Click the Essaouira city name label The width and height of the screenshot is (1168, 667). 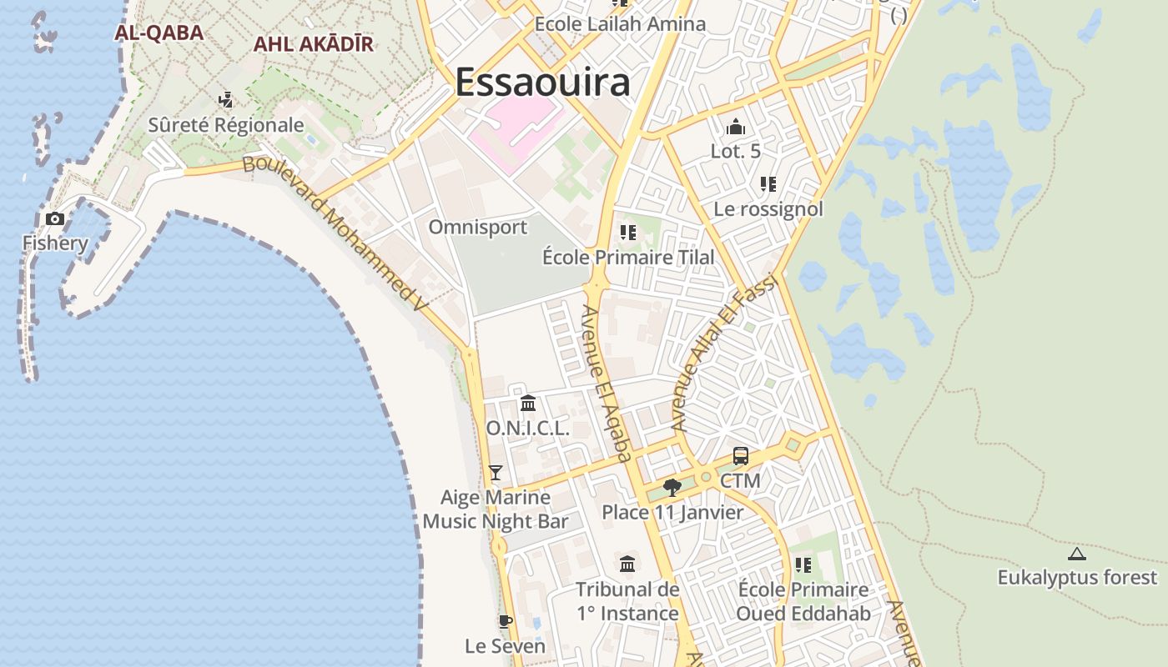(x=542, y=83)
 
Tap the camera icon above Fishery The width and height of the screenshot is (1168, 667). (x=55, y=219)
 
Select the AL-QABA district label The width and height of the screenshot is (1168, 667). (x=159, y=33)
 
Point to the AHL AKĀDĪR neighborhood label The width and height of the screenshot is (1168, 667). (x=313, y=44)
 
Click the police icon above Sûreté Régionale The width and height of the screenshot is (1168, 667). (x=225, y=101)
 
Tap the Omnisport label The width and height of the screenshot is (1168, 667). (x=478, y=227)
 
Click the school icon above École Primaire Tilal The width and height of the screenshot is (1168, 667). (x=627, y=233)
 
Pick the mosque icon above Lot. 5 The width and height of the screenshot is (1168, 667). (x=735, y=127)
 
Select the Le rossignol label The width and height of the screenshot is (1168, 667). (x=768, y=208)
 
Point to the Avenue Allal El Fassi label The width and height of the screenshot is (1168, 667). (x=725, y=350)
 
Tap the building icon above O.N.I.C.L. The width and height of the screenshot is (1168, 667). (x=528, y=404)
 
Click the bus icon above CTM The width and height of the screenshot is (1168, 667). (x=740, y=456)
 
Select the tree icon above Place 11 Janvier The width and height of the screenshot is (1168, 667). (x=672, y=488)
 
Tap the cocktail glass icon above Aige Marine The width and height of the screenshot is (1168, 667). (x=496, y=473)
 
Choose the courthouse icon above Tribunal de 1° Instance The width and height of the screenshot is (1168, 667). (x=627, y=564)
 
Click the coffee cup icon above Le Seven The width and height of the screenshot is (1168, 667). (x=505, y=621)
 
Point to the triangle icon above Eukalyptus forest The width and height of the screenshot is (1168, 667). (x=1077, y=554)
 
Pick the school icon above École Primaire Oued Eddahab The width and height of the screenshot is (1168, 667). (x=803, y=565)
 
